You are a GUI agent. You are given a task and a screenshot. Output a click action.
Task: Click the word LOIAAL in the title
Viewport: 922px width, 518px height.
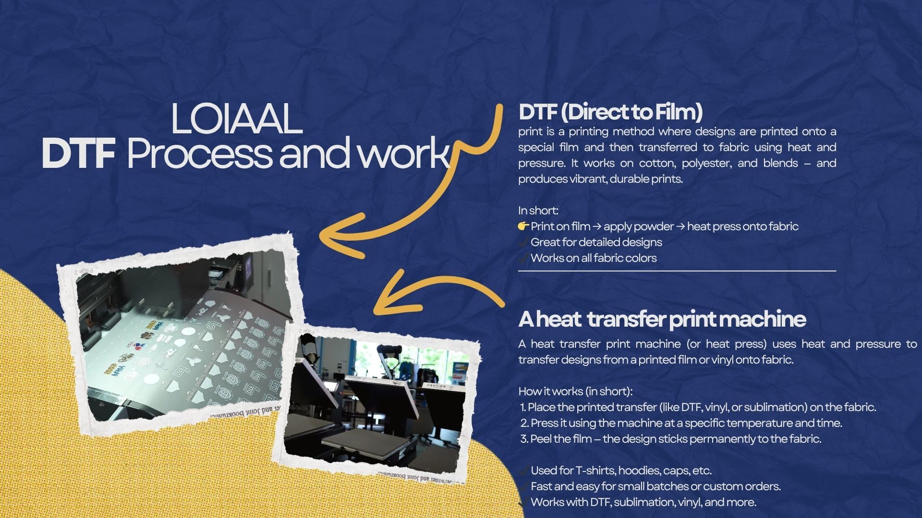click(237, 119)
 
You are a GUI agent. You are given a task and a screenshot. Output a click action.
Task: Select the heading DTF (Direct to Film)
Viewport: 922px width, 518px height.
click(610, 112)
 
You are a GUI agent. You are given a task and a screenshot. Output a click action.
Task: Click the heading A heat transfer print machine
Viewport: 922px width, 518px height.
click(662, 319)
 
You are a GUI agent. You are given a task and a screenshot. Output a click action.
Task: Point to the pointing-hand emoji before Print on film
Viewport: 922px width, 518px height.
click(523, 226)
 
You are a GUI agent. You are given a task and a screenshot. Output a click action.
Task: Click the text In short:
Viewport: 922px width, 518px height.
click(538, 211)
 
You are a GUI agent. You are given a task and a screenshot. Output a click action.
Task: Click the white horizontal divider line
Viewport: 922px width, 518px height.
click(677, 271)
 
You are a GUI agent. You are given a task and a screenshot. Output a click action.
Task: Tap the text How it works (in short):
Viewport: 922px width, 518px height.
click(575, 391)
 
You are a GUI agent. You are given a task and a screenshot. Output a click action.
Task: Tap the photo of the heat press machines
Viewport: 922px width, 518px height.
click(377, 403)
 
